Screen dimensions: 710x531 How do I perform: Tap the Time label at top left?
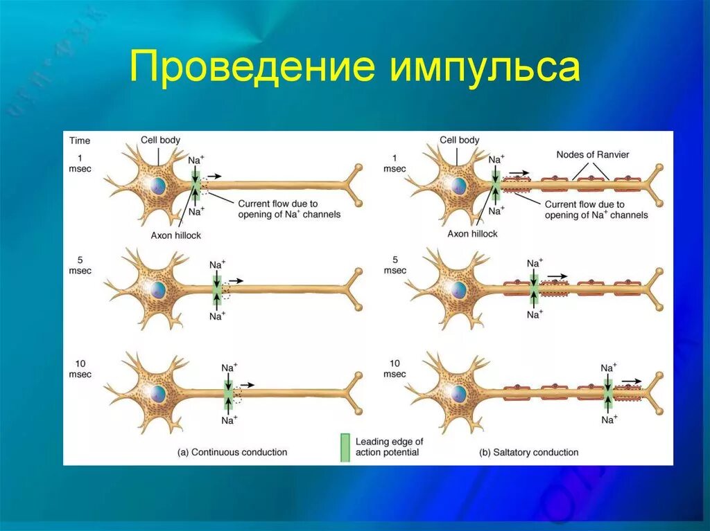tap(80, 141)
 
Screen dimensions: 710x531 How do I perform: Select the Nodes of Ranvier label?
tap(592, 154)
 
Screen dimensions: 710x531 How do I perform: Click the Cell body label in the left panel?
tap(160, 140)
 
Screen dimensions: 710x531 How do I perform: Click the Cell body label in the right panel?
tap(459, 140)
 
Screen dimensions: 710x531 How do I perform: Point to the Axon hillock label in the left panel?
tap(176, 235)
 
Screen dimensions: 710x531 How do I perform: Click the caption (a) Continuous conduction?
tap(232, 452)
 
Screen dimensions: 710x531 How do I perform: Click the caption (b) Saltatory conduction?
tap(528, 452)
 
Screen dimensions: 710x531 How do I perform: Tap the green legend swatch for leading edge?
tap(344, 447)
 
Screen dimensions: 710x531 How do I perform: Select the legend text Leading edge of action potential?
tap(389, 447)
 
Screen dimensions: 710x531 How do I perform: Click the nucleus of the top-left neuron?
tap(159, 185)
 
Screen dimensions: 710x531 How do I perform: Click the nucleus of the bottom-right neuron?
tap(458, 393)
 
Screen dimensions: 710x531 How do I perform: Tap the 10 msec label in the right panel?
tap(395, 368)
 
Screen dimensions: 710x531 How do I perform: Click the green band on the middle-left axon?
tap(217, 289)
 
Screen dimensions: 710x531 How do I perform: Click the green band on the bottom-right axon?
tap(608, 393)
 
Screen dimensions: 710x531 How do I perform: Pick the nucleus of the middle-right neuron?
tap(458, 289)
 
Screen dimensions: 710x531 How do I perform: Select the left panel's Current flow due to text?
tap(277, 204)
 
